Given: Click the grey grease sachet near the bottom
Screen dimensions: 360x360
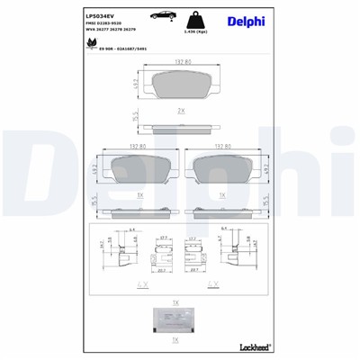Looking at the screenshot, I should point(179,319).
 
